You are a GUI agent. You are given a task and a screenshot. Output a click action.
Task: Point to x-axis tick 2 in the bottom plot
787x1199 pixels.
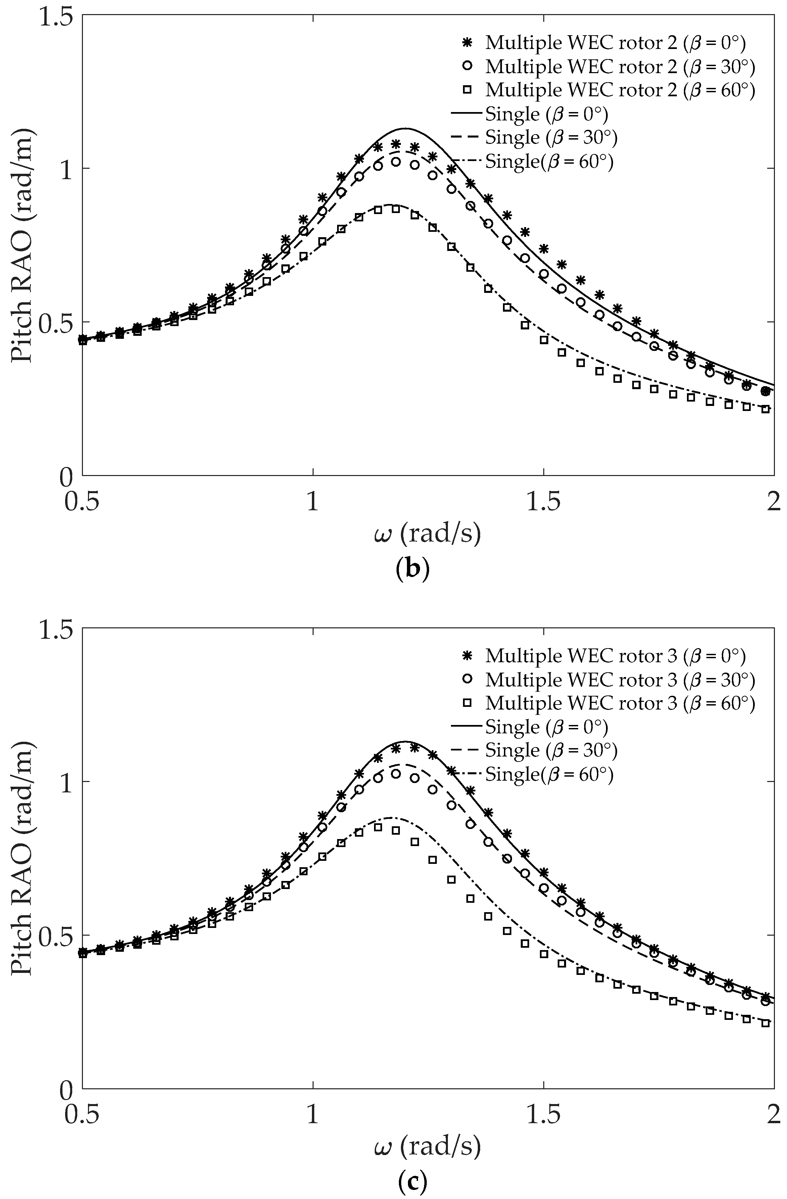point(773,1116)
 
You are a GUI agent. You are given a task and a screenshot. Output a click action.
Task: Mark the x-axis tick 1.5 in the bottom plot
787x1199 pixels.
point(544,1116)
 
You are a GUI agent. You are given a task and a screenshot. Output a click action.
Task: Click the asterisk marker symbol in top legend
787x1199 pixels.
point(467,43)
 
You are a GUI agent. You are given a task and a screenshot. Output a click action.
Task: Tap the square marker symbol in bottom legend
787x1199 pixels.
point(467,703)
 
